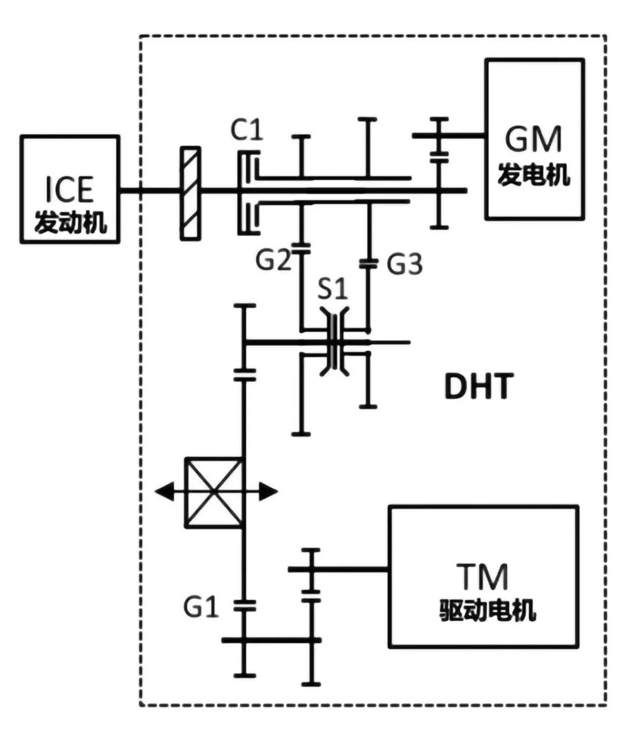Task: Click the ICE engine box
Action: coord(70,189)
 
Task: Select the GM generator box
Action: coord(534,139)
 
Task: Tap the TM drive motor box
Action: coord(483,576)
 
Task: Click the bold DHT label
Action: coord(478,386)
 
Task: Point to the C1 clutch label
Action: coord(246,130)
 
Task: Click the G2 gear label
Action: coord(274,260)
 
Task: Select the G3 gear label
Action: coord(404,264)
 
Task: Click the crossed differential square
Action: coord(214,492)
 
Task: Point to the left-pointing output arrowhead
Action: coord(164,492)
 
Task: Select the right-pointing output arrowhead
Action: coord(268,492)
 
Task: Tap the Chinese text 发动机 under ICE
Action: coord(70,222)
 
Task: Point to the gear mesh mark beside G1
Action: coord(245,605)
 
